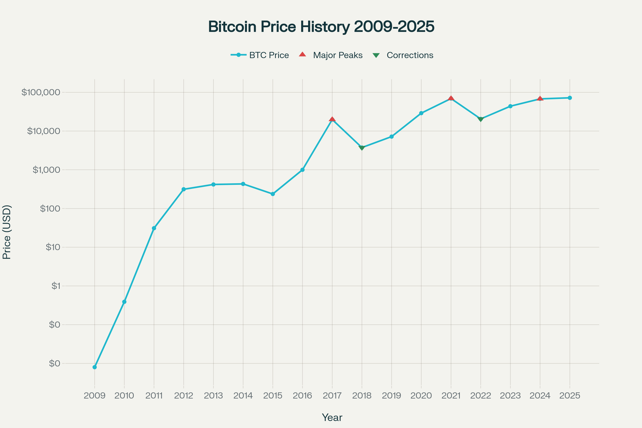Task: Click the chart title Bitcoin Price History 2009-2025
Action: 321,27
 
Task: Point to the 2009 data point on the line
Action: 95,367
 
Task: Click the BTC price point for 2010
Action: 124,302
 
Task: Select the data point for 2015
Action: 273,194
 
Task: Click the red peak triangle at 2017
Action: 332,119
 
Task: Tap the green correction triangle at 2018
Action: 362,148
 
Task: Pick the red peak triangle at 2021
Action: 451,98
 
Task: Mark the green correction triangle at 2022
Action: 481,119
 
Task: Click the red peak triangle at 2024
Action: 540,99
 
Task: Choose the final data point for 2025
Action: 570,98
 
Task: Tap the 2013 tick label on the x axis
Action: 213,396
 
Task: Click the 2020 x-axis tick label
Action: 421,396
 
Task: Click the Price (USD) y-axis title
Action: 7,232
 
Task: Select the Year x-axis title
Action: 332,418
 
